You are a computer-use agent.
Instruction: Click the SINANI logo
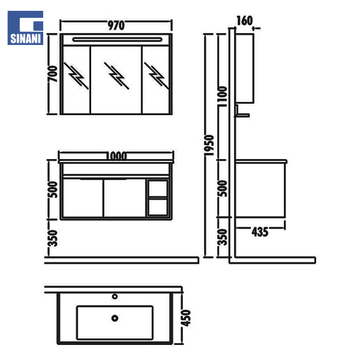click(25, 28)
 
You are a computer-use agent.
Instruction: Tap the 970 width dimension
click(116, 25)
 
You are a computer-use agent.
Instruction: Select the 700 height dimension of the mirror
click(53, 74)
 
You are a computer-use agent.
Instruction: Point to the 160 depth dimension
click(245, 20)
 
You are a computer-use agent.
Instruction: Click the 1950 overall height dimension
click(209, 145)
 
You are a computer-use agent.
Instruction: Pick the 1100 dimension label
click(223, 97)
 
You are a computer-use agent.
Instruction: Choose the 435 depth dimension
click(260, 232)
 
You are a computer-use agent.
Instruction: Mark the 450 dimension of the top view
click(186, 318)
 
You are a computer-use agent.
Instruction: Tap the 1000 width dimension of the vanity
click(116, 156)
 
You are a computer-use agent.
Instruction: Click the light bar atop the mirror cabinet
click(118, 40)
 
